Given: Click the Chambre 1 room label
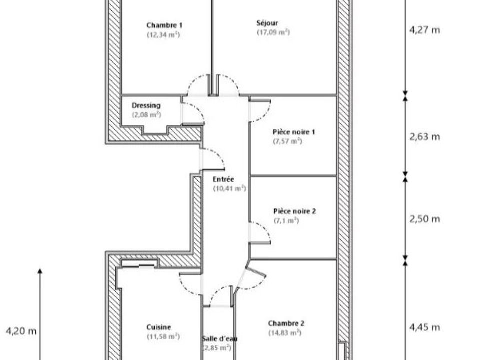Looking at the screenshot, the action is click(164, 25).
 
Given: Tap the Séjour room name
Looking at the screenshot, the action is click(267, 23).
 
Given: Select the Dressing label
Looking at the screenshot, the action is click(146, 105).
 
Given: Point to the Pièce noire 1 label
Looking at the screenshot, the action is click(294, 132).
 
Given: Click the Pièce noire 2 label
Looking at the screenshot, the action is click(295, 211).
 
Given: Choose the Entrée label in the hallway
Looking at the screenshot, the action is click(223, 179).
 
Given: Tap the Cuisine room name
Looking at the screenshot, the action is click(159, 327).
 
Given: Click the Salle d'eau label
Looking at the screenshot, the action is click(220, 339).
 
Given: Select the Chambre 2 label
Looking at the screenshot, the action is click(286, 323).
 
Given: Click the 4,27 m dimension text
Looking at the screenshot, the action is click(424, 30).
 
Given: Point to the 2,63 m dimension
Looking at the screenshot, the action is click(425, 137).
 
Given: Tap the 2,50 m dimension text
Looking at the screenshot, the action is click(425, 219).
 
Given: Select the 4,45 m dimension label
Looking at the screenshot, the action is click(425, 327).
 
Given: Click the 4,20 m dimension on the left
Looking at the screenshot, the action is click(21, 331).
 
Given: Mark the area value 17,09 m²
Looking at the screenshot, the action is click(273, 32).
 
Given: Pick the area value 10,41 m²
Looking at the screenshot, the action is click(229, 188).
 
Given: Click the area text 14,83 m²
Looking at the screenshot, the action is click(285, 333).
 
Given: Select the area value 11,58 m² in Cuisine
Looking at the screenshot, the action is click(163, 336).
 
